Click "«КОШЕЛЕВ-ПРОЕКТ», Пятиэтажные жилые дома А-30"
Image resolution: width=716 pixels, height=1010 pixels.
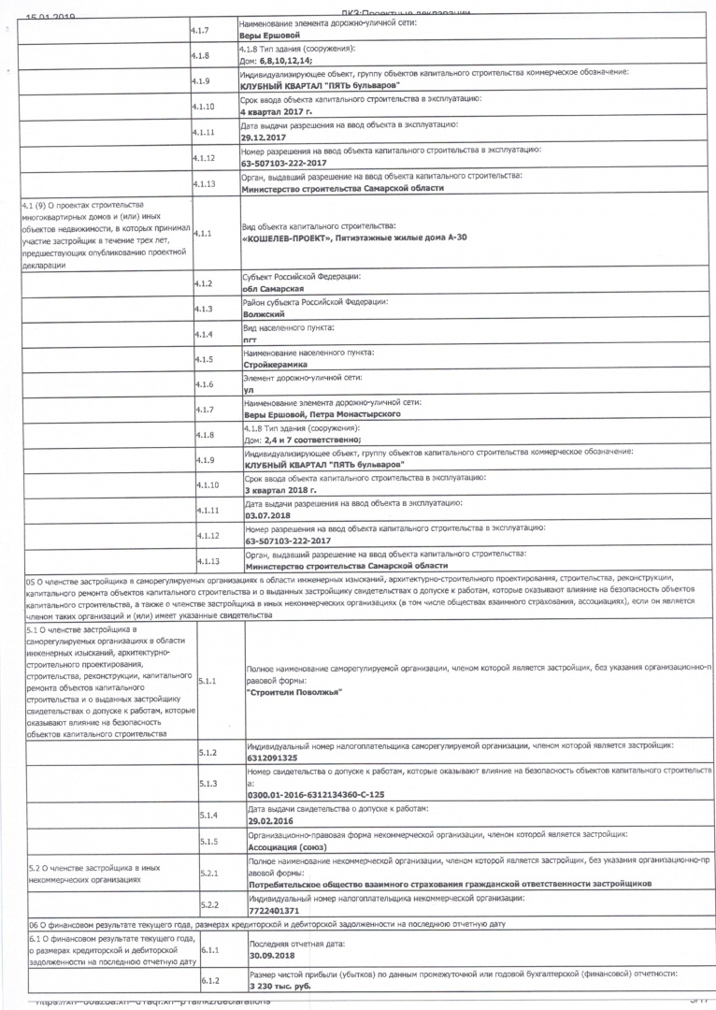click(x=354, y=238)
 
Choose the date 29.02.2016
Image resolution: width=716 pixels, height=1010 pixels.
click(x=271, y=818)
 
